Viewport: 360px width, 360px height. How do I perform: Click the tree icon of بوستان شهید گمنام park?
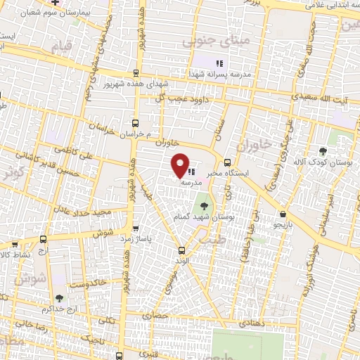click(x=204, y=206)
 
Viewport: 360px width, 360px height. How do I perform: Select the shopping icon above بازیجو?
click(x=282, y=214)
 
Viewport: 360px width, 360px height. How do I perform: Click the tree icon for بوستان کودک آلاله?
click(x=323, y=150)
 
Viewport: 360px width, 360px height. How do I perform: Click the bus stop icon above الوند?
click(x=181, y=250)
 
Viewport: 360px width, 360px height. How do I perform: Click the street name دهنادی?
click(x=252, y=323)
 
